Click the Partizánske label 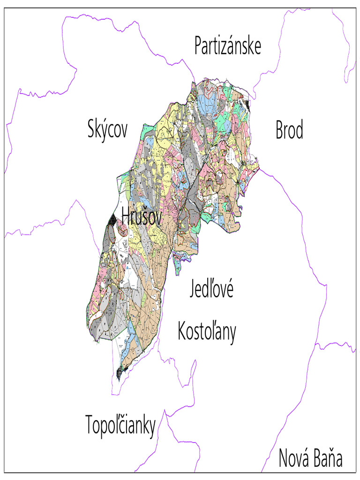(x=227, y=46)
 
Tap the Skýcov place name (x=107, y=129)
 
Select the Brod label (x=289, y=130)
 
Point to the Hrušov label (x=141, y=216)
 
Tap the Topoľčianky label (x=120, y=426)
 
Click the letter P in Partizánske (x=199, y=46)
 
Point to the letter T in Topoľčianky (x=90, y=425)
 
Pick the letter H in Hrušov (x=126, y=216)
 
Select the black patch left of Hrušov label (x=112, y=219)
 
